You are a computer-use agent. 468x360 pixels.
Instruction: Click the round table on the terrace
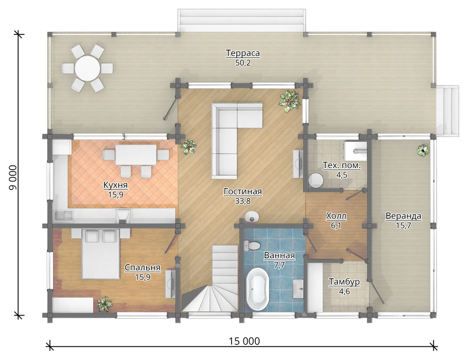coord(87,69)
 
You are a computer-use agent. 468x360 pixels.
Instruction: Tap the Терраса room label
coord(243,53)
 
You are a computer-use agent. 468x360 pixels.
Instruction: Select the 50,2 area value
coord(243,63)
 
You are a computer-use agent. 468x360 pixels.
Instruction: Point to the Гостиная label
coord(243,191)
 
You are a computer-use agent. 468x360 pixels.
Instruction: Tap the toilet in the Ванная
coord(251,246)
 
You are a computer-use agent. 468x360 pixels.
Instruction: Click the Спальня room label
coord(142,267)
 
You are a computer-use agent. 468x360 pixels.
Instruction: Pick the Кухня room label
coord(115,185)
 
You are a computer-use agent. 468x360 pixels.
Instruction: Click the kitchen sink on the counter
coord(63,215)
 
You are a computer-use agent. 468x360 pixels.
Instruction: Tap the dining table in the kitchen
coord(136,154)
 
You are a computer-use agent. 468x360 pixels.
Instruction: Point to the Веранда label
coord(403,215)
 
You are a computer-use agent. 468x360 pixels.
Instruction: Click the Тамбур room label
coord(344,282)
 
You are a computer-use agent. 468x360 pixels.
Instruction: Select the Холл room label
coord(336,215)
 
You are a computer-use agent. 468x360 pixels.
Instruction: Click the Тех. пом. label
coord(342,165)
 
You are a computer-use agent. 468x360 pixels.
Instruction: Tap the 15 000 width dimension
coord(244,341)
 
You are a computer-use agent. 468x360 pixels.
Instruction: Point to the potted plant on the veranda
coord(423,150)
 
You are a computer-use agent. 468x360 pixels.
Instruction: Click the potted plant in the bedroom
coord(104,304)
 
